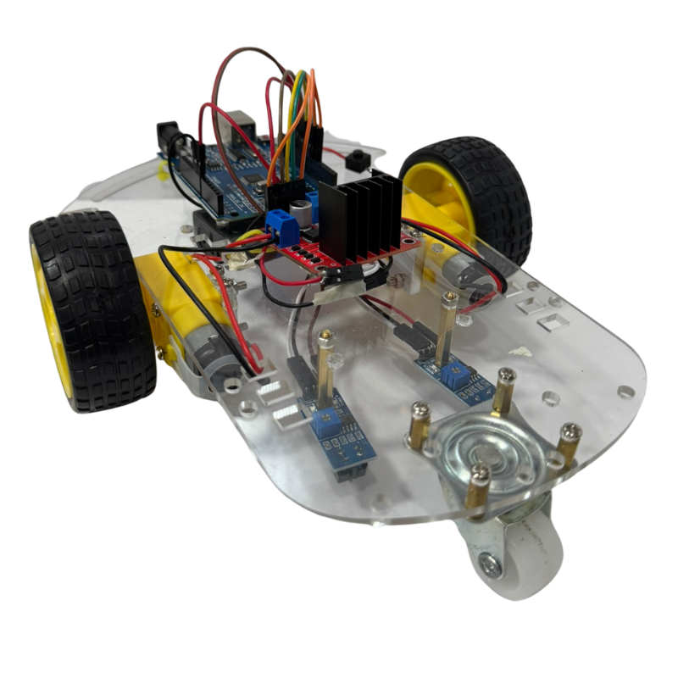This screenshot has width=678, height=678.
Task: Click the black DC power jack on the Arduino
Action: (168, 137)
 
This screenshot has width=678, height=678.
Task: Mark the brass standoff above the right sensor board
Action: (447, 322)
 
